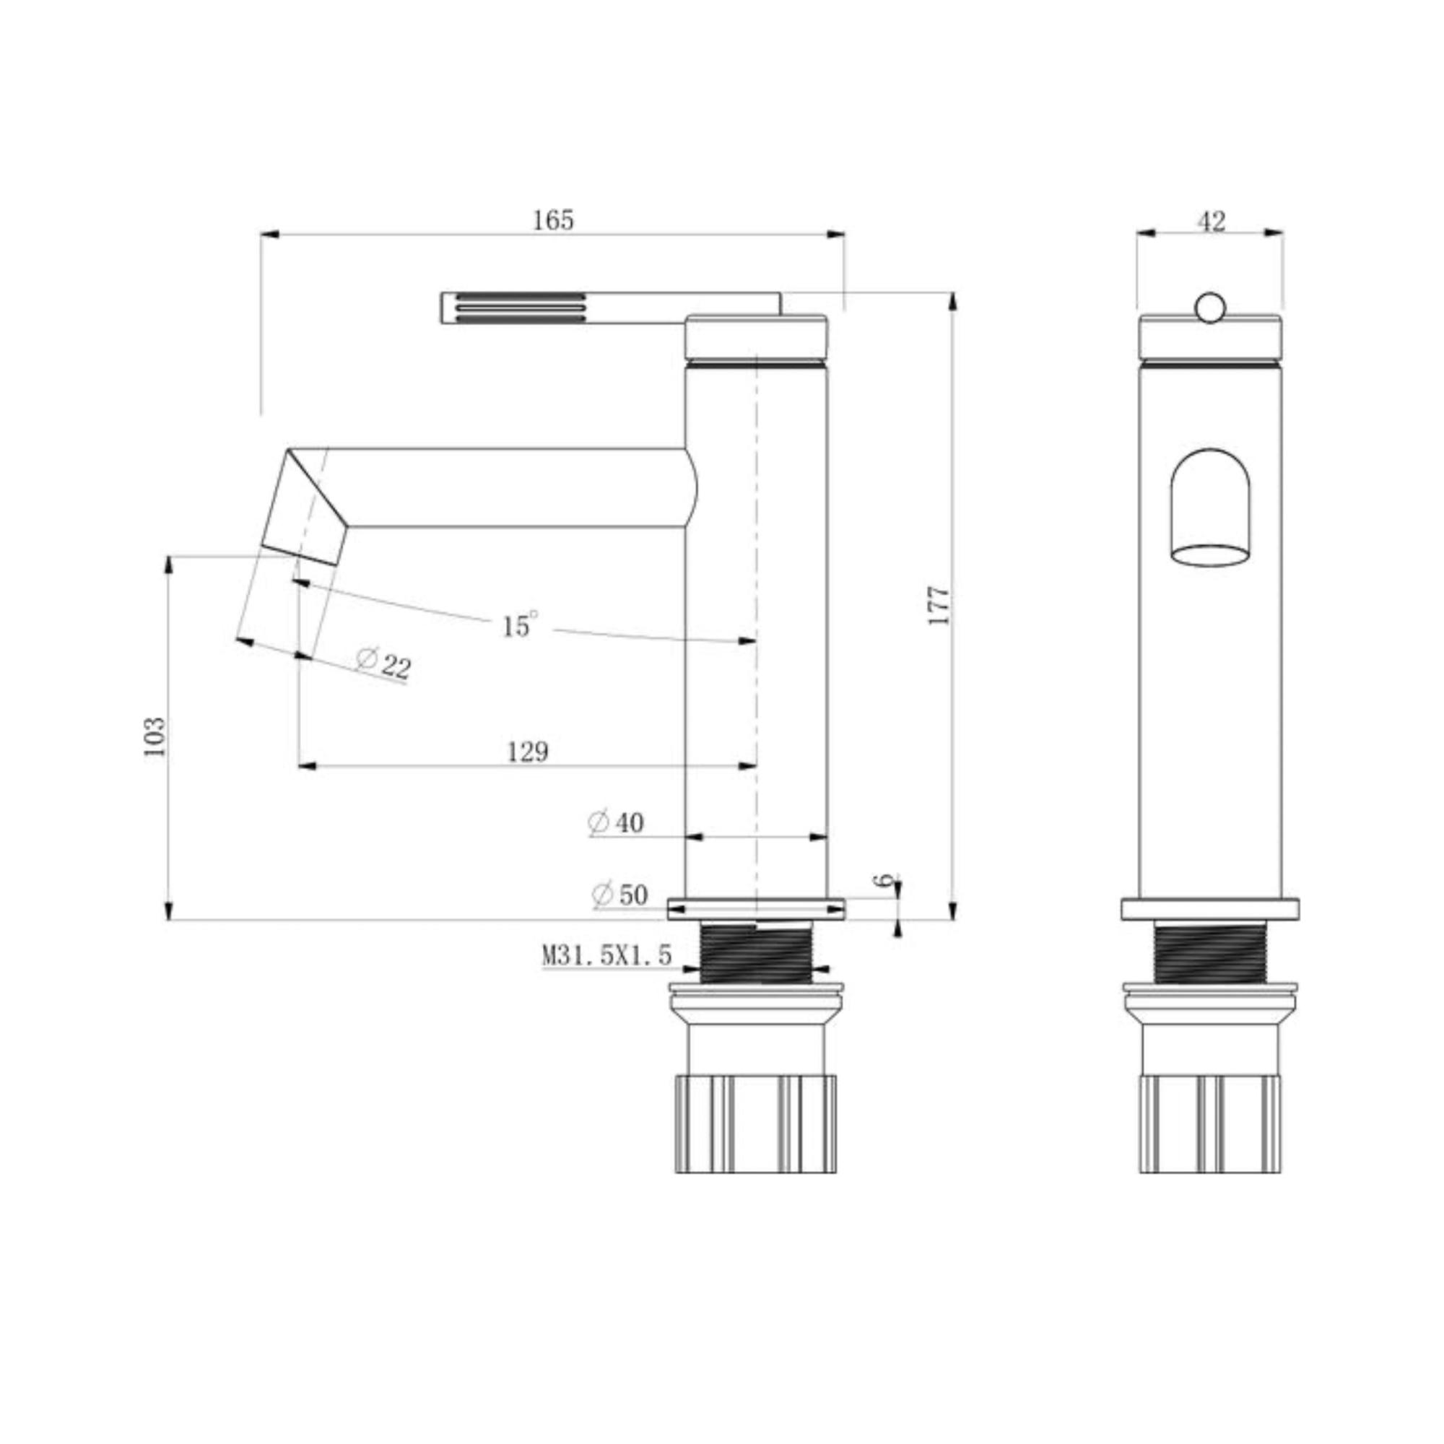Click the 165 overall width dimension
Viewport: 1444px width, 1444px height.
[x=553, y=220]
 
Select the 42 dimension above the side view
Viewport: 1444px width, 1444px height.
[x=1212, y=221]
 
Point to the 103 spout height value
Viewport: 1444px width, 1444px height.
[x=155, y=736]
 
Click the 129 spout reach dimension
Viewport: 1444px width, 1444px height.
[x=528, y=751]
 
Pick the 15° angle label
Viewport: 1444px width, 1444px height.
[x=519, y=624]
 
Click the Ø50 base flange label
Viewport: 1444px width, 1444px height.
[x=619, y=894]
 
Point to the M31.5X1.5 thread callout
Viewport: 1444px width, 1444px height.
[x=607, y=954]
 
